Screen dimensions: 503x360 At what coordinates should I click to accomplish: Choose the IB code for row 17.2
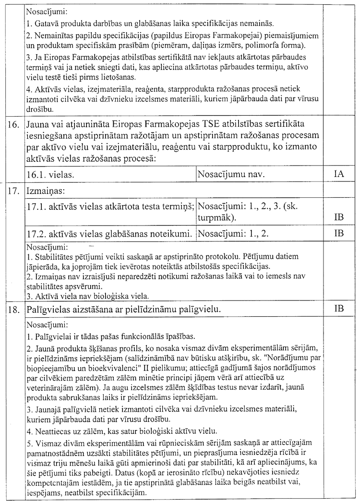tap(339, 233)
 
